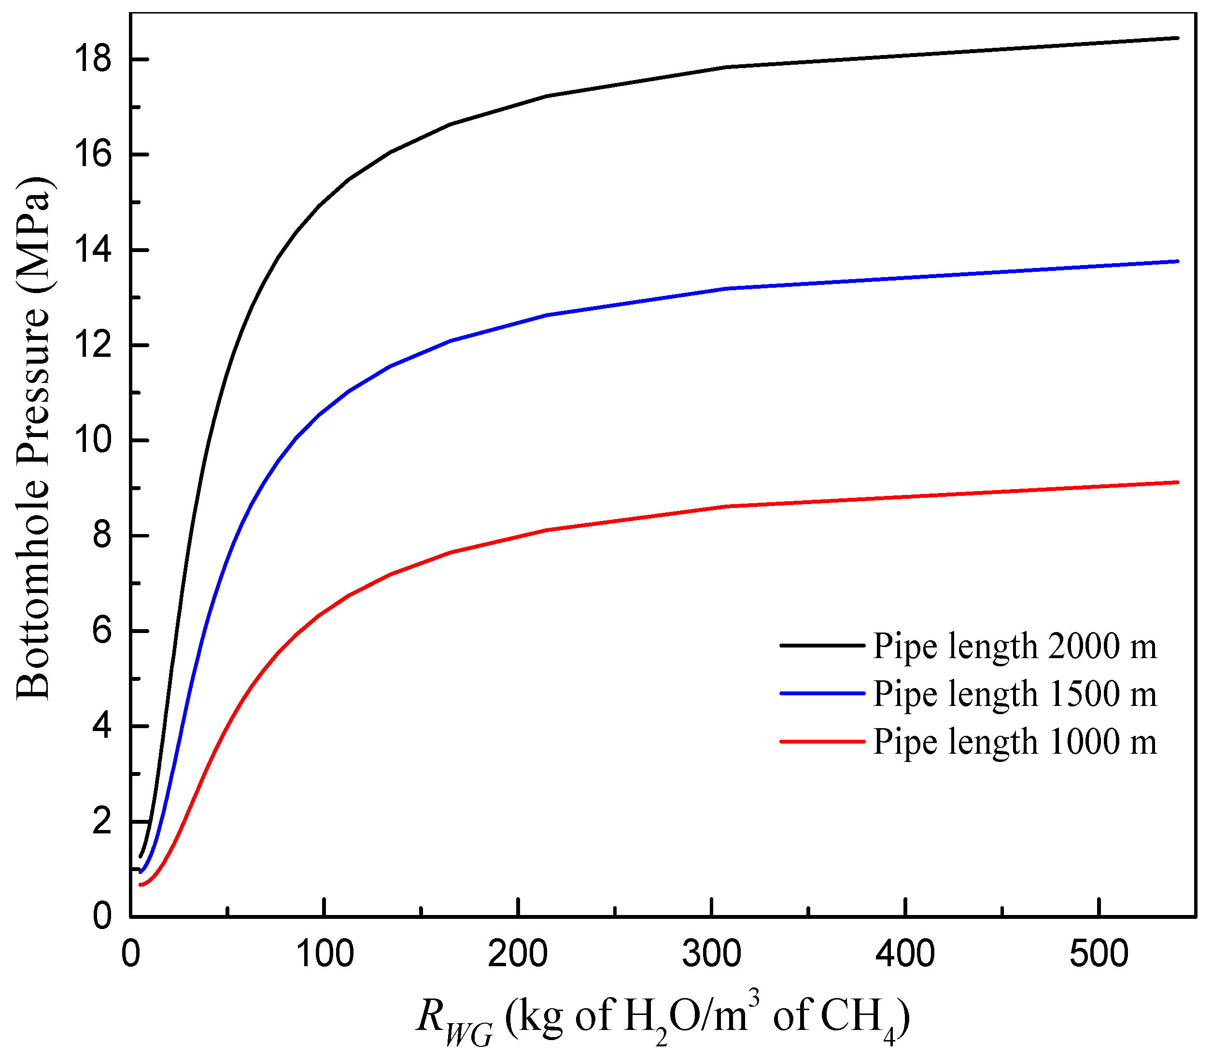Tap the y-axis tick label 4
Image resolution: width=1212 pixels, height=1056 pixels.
click(x=101, y=726)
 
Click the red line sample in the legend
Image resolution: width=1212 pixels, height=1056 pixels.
click(x=822, y=741)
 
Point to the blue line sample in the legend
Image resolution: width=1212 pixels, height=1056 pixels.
click(x=822, y=693)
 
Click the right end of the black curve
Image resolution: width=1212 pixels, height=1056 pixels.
click(x=1177, y=38)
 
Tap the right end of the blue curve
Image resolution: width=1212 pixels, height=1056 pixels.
click(x=1177, y=261)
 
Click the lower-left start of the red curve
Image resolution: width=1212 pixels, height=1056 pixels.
click(x=140, y=885)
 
